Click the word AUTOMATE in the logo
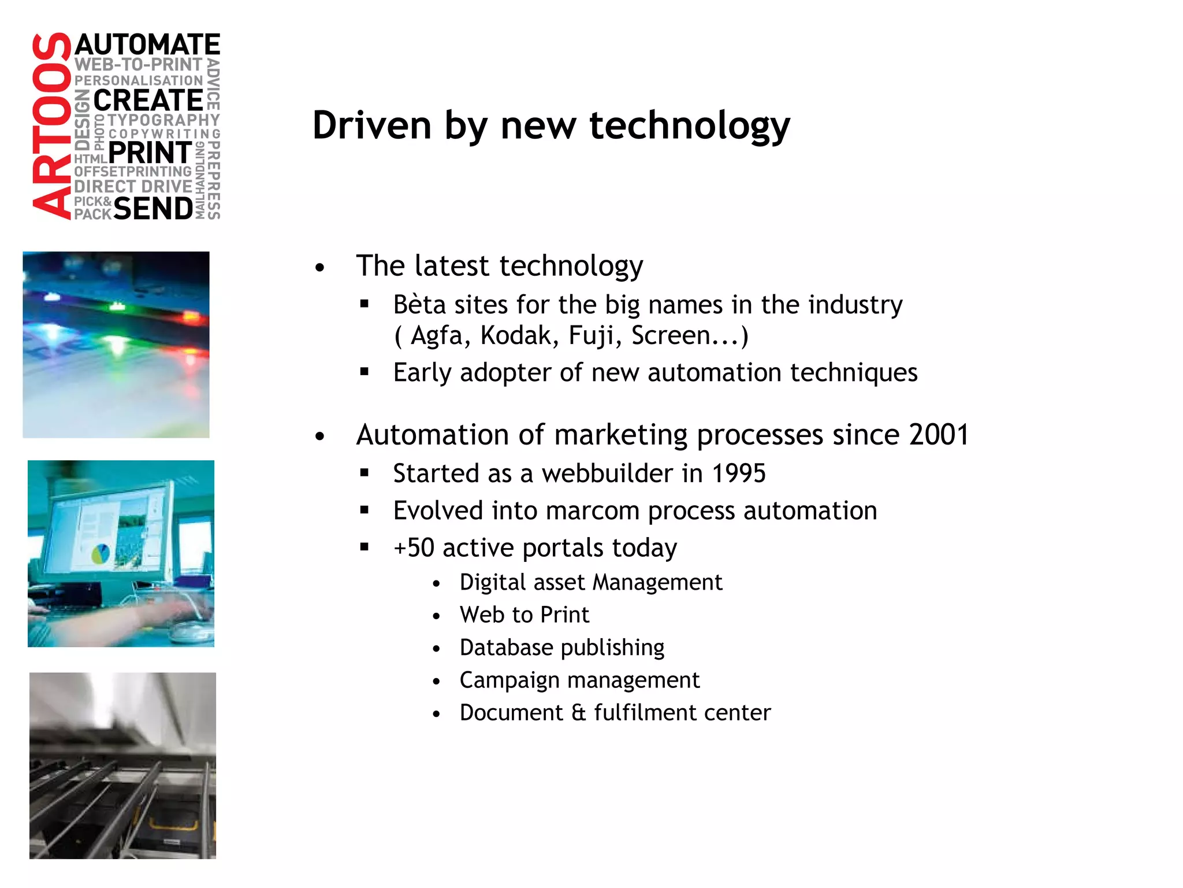pos(147,45)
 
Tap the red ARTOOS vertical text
pos(51,126)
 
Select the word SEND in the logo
pos(153,209)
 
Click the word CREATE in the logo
pos(148,101)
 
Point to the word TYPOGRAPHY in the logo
pos(164,120)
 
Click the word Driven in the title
pos(372,125)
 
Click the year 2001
pos(939,435)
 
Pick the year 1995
pos(738,473)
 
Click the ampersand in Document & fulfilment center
pos(578,713)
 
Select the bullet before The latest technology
pos(320,268)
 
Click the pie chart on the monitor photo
pos(101,554)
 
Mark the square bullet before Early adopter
pos(364,372)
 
